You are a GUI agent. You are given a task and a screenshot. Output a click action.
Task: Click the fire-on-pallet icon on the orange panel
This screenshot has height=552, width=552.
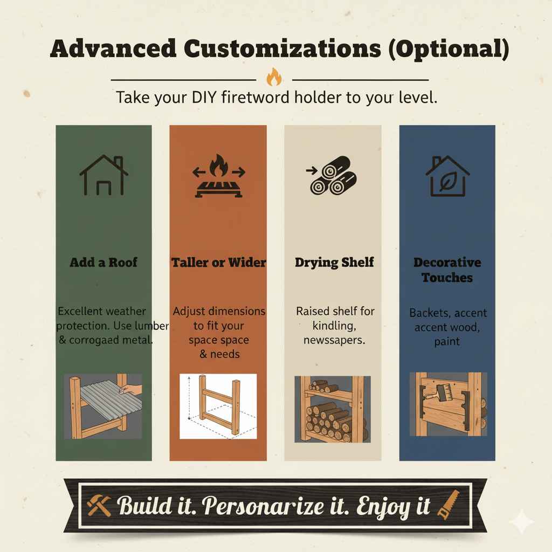pyautogui.click(x=218, y=174)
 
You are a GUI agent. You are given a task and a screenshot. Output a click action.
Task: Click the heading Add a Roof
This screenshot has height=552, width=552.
pyautogui.click(x=103, y=263)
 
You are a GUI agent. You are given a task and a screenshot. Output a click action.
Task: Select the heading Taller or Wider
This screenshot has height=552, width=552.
pyautogui.click(x=218, y=263)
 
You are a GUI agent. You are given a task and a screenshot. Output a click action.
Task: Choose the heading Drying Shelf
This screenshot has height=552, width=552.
pyautogui.click(x=334, y=263)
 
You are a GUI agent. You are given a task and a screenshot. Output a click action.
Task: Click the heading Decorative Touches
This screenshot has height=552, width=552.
pyautogui.click(x=447, y=270)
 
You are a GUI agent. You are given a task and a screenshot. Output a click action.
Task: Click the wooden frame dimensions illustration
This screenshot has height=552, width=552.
pyautogui.click(x=218, y=405)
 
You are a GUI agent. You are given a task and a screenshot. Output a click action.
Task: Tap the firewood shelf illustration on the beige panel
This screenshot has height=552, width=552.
pyautogui.click(x=332, y=410)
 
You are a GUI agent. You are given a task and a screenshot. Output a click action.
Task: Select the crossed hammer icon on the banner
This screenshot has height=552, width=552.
pyautogui.click(x=99, y=506)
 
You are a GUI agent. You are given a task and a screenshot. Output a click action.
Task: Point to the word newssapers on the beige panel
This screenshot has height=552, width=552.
pyautogui.click(x=334, y=340)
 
